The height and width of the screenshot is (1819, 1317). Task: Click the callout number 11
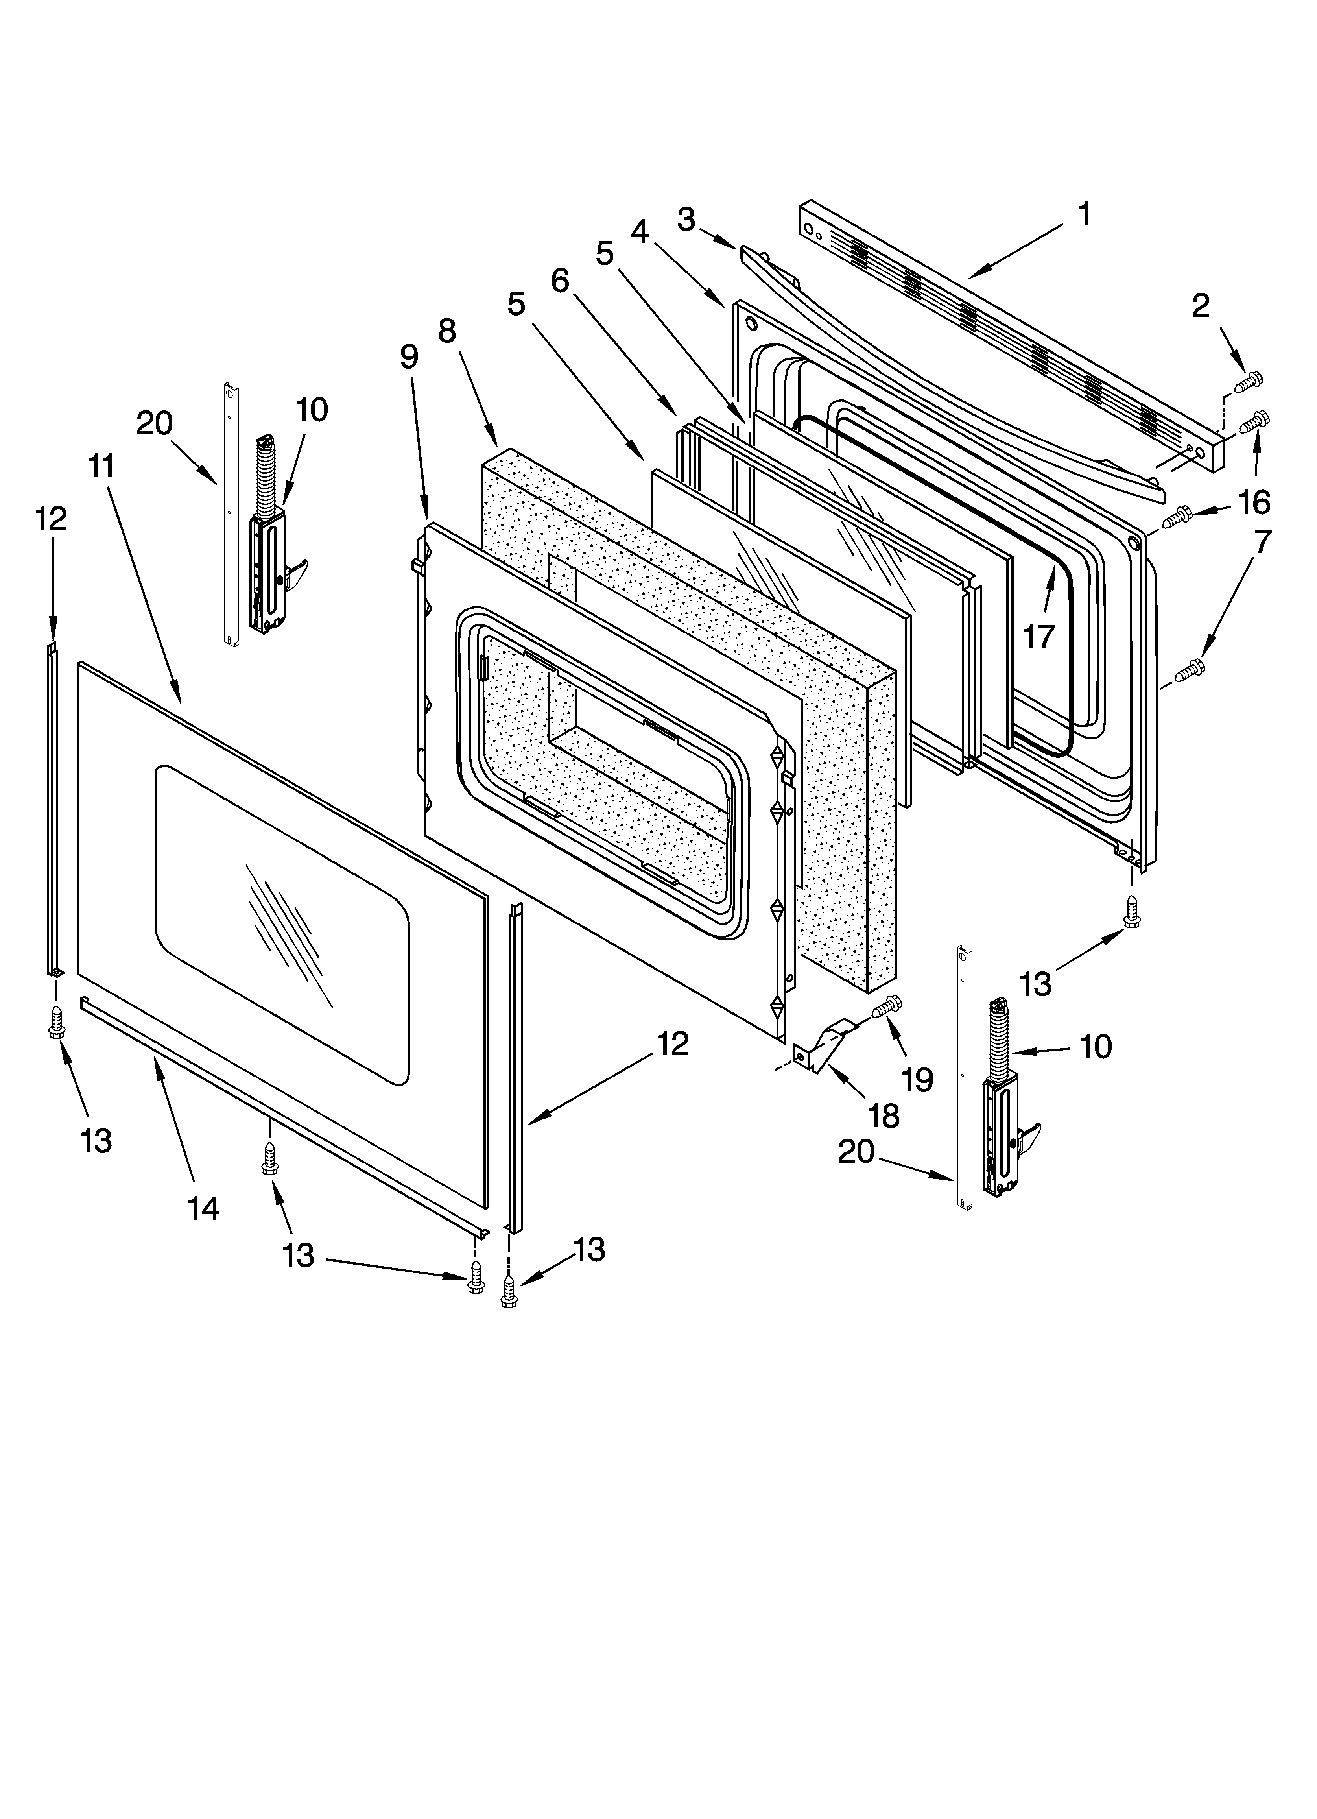coord(102,467)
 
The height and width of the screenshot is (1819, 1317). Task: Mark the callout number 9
coord(409,357)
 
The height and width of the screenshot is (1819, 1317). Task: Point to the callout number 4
coord(639,232)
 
